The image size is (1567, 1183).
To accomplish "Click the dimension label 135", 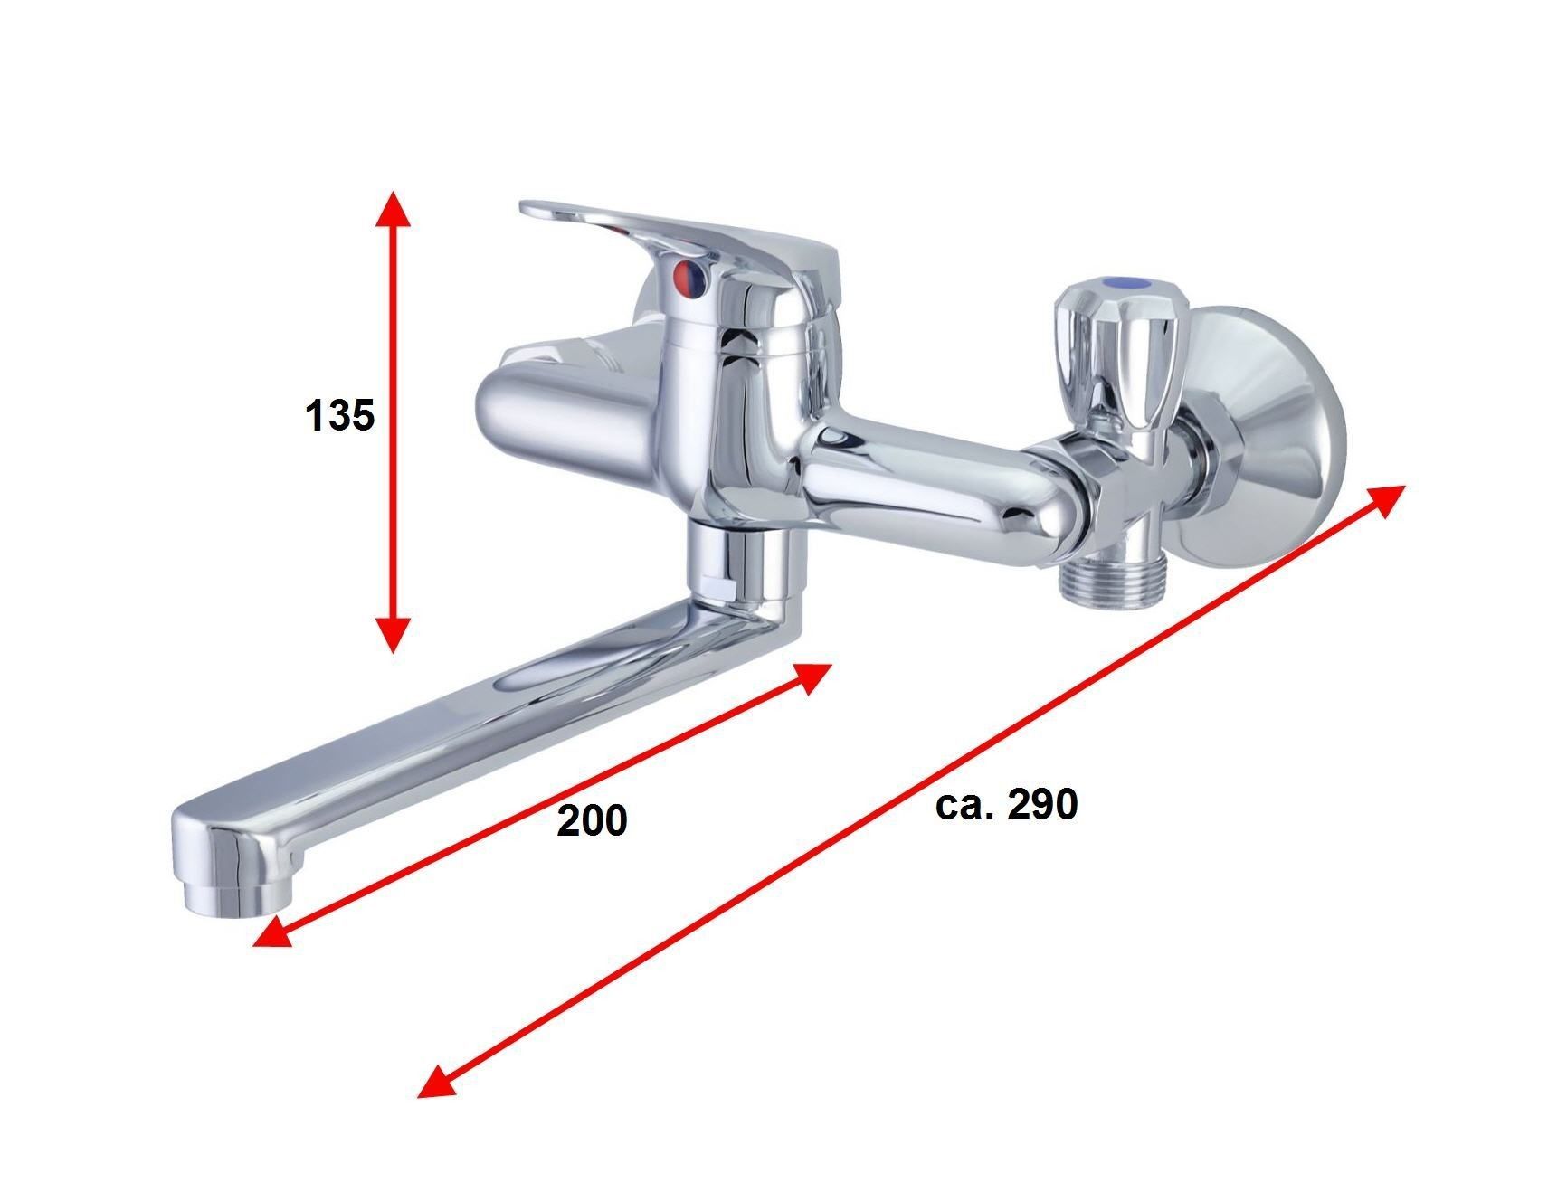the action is [x=339, y=416].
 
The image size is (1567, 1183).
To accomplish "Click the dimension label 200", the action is [x=592, y=820].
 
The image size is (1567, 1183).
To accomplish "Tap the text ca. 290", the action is [x=1006, y=804].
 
